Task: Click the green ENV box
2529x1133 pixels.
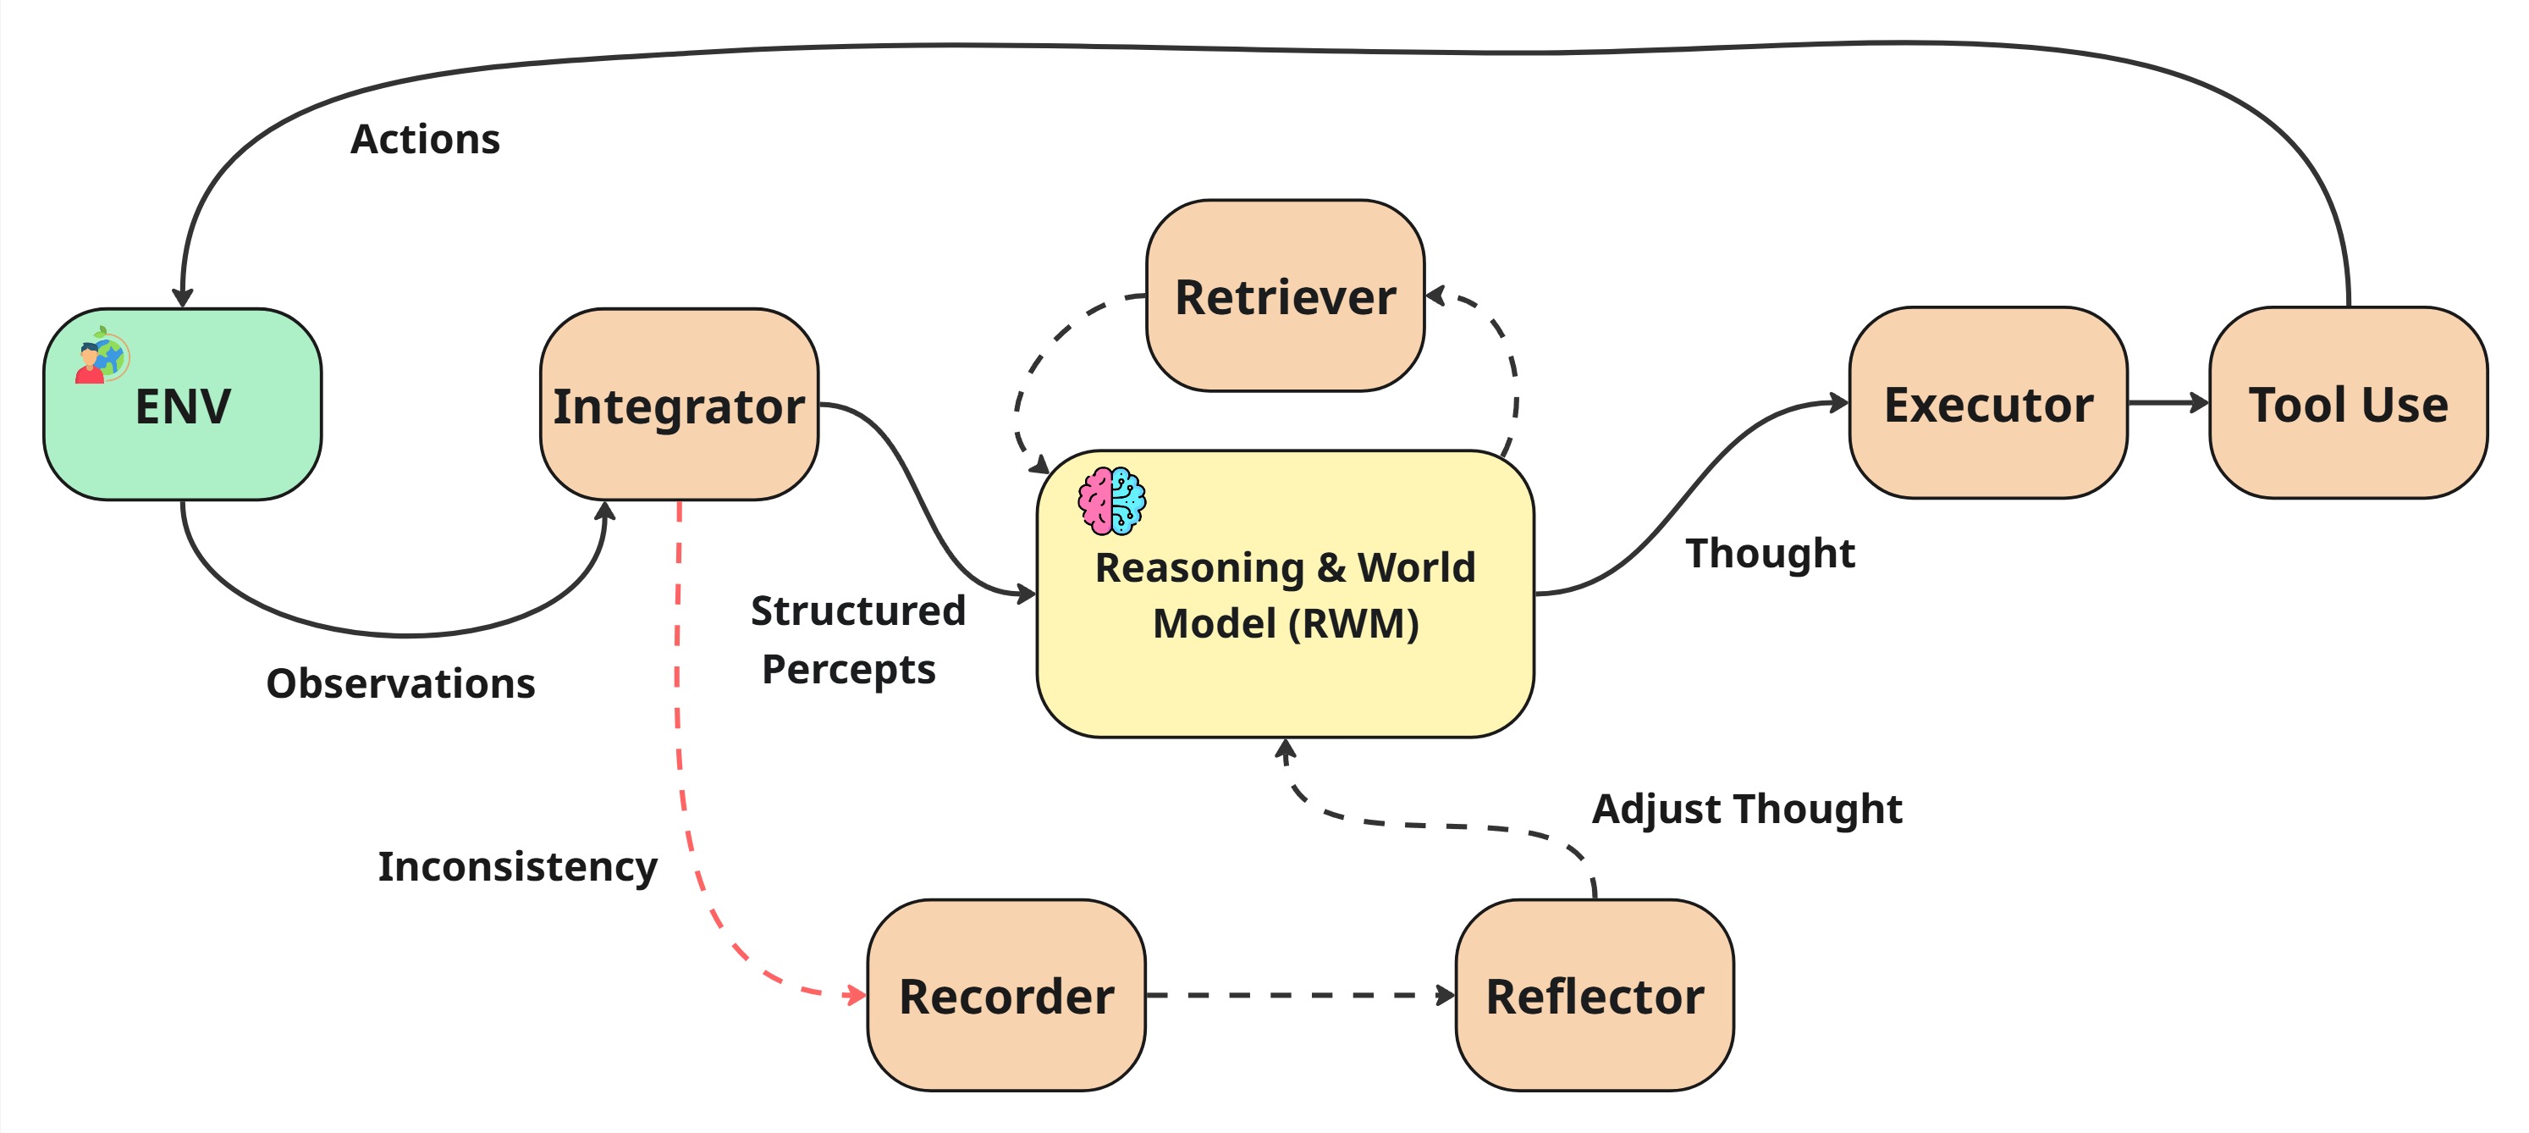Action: pyautogui.click(x=183, y=432)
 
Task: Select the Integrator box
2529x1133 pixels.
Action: pyautogui.click(x=679, y=406)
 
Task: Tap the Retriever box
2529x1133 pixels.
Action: pyautogui.click(x=1284, y=296)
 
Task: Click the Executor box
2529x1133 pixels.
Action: pyautogui.click(x=1987, y=404)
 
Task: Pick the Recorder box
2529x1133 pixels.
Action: pyautogui.click(x=1006, y=996)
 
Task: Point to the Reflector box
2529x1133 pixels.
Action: pyautogui.click(x=1594, y=996)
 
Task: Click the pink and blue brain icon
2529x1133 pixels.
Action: pyautogui.click(x=1111, y=500)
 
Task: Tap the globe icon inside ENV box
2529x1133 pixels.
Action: pyautogui.click(x=103, y=356)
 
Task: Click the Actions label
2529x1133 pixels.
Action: pyautogui.click(x=425, y=140)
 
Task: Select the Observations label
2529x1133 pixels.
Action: pyautogui.click(x=400, y=683)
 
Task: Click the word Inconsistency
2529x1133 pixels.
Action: pyautogui.click(x=517, y=866)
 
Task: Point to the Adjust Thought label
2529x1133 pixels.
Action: pyautogui.click(x=1747, y=809)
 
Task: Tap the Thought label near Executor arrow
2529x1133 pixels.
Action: pyautogui.click(x=1770, y=553)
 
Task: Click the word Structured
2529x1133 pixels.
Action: pyautogui.click(x=858, y=611)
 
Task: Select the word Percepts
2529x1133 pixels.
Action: pyautogui.click(x=848, y=670)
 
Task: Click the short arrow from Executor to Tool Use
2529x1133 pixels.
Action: pyautogui.click(x=2167, y=402)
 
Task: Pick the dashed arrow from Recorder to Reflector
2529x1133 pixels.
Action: pyautogui.click(x=1296, y=995)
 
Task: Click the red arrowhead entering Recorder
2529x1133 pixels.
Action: pyautogui.click(x=855, y=996)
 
